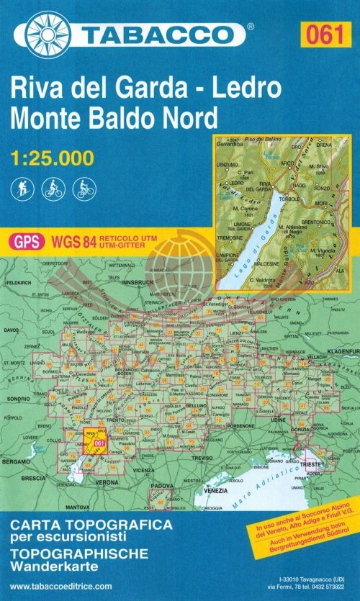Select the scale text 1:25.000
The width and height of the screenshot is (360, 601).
pos(52,155)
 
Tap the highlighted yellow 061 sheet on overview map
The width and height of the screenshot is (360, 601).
pos(99,444)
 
